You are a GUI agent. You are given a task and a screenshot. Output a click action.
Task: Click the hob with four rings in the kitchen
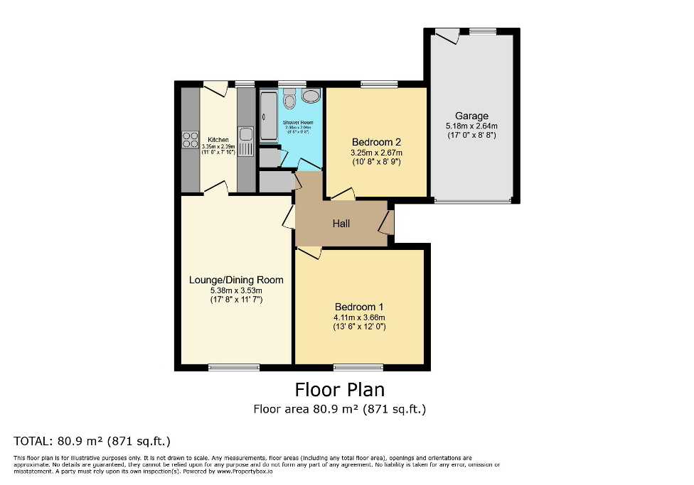190,139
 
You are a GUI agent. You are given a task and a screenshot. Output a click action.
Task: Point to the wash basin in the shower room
311,96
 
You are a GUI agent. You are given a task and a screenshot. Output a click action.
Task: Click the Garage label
471,116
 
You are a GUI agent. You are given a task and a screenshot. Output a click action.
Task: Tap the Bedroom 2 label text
376,142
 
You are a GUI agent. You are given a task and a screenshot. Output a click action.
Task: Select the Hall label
341,224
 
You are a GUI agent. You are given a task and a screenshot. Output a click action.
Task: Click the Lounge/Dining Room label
236,280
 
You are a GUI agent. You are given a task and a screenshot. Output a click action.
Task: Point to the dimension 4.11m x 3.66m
359,317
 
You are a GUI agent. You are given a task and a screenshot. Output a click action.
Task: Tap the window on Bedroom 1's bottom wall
359,367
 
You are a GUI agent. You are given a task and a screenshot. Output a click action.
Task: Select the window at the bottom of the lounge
234,367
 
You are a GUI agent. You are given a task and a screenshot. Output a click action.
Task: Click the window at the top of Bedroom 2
379,85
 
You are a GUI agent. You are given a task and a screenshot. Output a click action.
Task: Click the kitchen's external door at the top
215,88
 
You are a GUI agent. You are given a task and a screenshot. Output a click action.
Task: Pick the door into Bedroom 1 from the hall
309,252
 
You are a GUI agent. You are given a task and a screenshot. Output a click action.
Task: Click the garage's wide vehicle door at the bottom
472,201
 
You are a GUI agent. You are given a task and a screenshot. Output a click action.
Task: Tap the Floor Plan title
339,390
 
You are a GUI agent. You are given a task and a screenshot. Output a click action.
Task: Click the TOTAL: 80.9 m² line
92,441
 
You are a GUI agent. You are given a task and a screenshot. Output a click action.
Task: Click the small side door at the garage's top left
447,35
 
